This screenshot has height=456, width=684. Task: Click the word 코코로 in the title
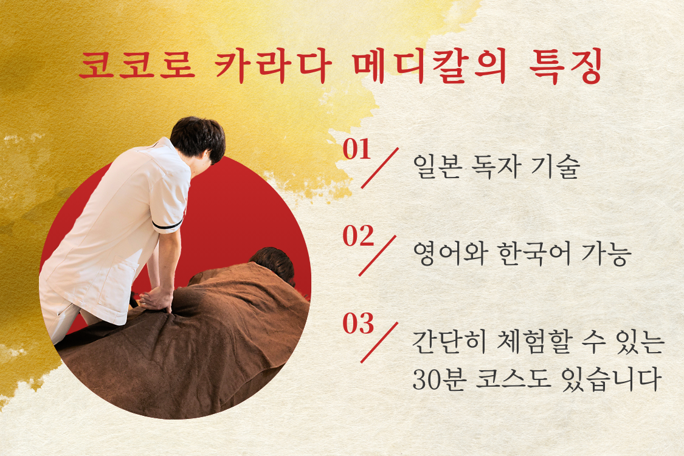137,66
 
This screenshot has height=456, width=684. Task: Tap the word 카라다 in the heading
273,66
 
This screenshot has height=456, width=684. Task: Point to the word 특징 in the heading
566,66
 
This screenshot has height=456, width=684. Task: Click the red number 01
356,149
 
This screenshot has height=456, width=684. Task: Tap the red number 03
358,323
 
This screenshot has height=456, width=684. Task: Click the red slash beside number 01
379,168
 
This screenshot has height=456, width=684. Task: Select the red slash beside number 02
378,255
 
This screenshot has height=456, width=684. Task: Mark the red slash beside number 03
379,342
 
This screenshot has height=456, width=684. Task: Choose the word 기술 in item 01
556,166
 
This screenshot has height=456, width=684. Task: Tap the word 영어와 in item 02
450,254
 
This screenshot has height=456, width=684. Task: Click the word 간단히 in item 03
450,342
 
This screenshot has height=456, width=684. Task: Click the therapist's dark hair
198,137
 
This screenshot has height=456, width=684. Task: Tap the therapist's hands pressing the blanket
156,300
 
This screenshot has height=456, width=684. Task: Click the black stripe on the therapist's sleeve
168,226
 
